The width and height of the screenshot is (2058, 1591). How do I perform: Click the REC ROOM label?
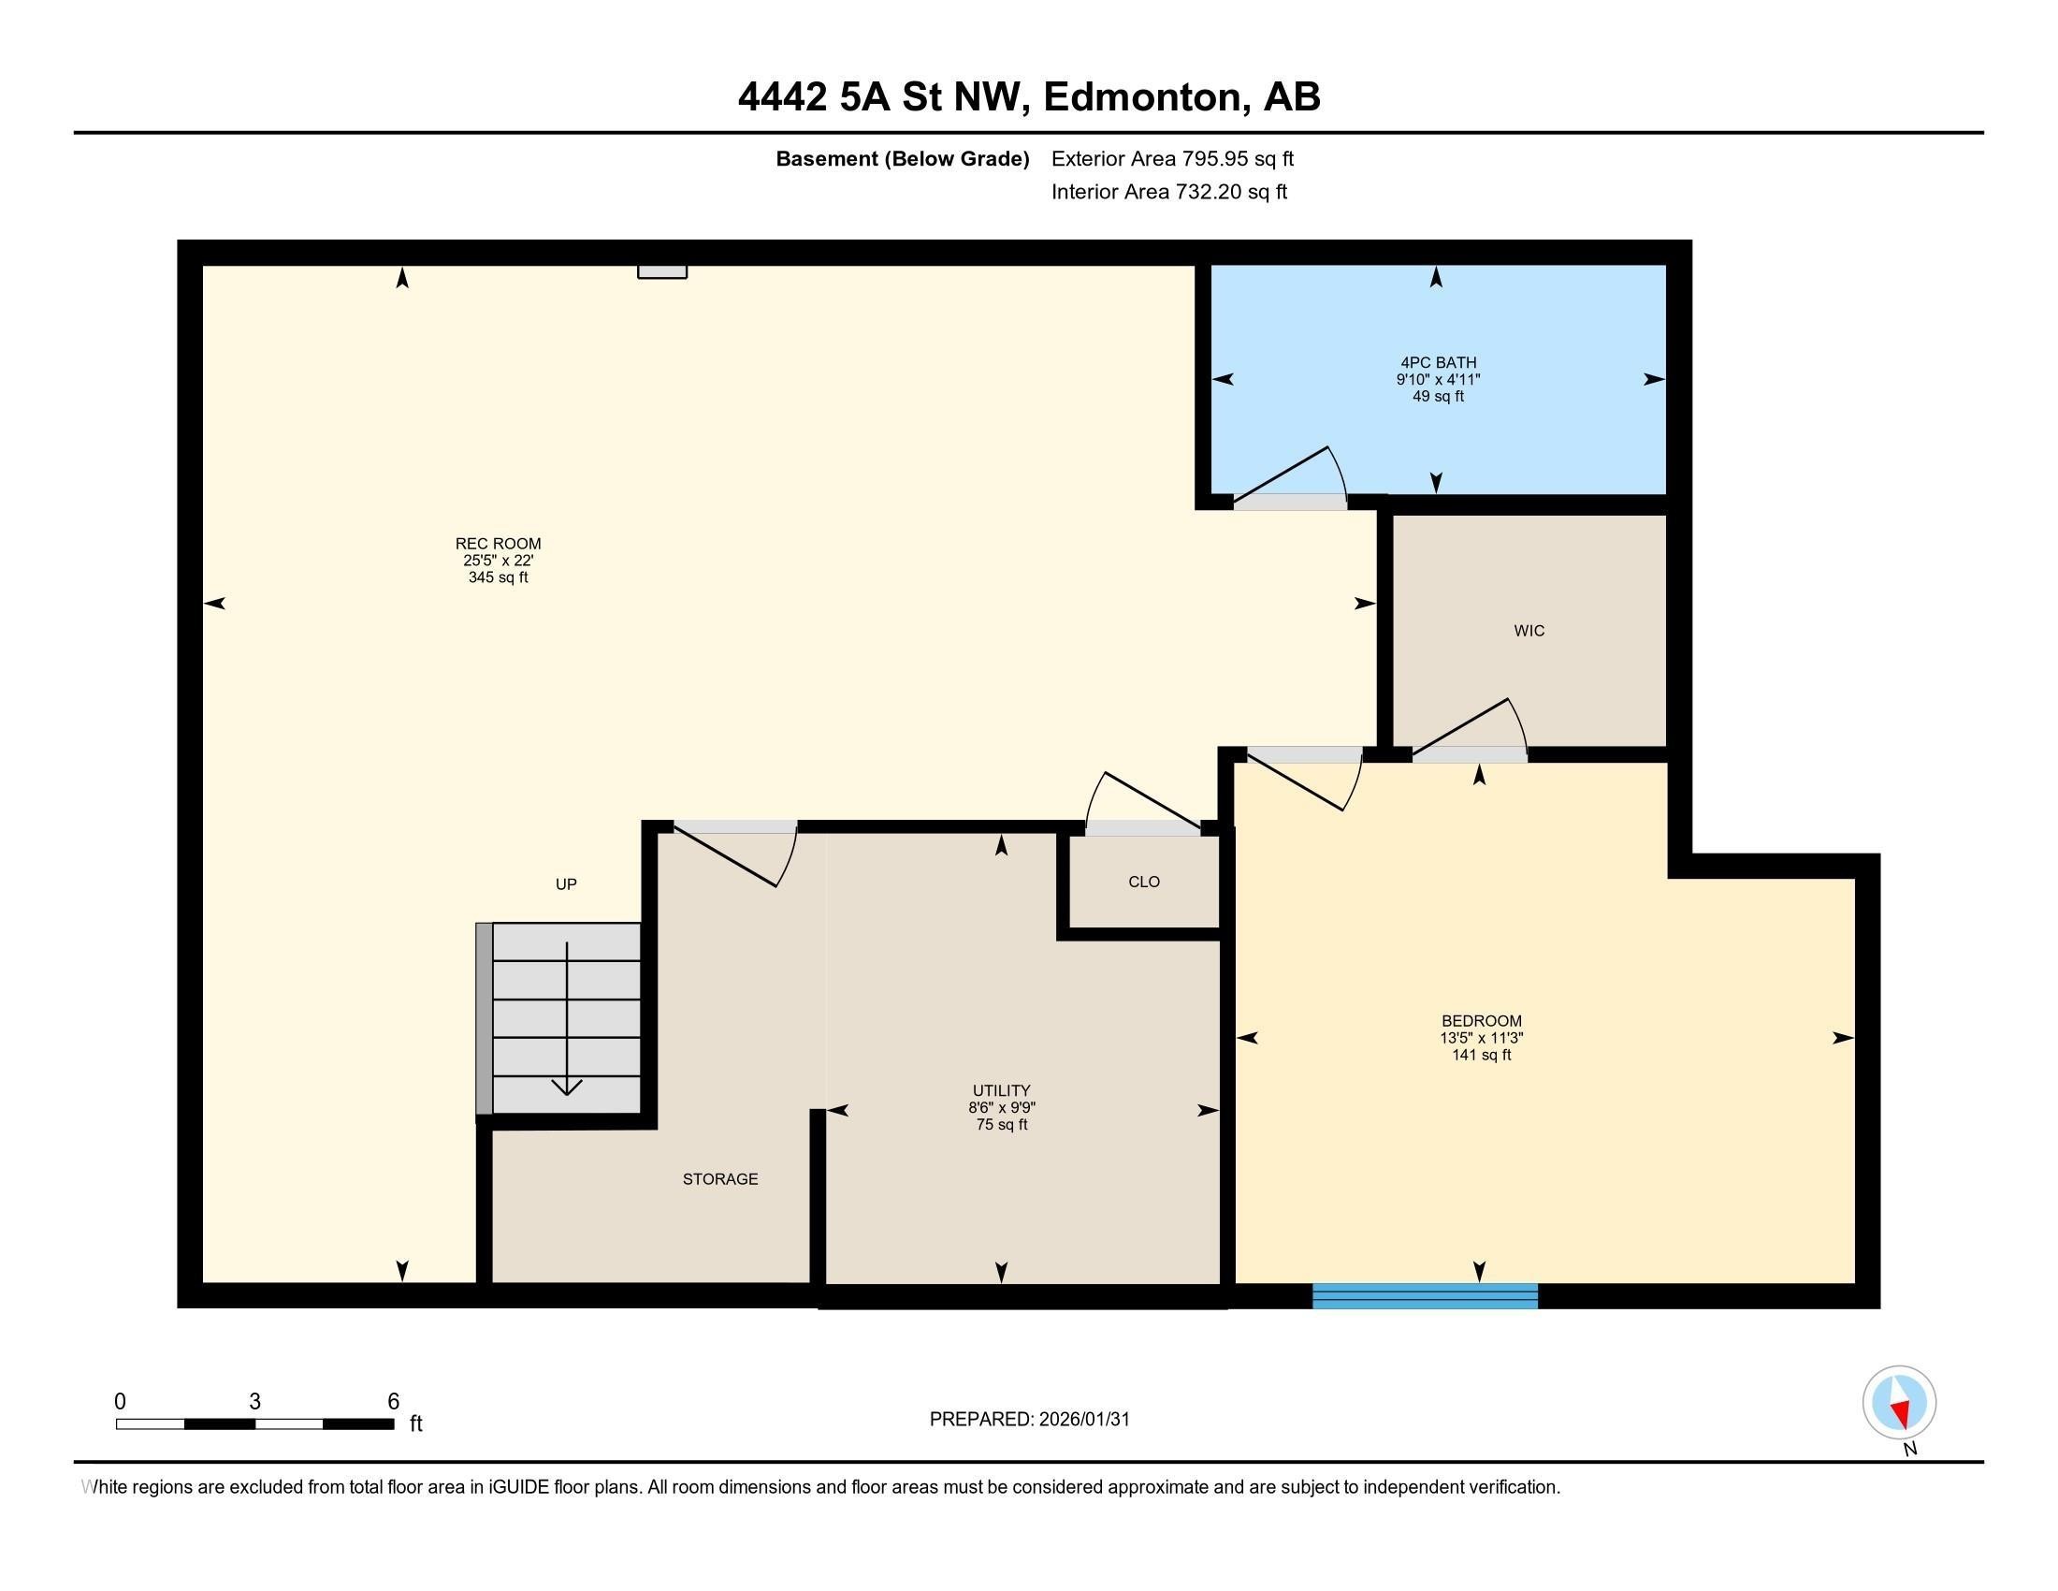[498, 544]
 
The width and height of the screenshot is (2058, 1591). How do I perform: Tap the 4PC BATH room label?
[1438, 363]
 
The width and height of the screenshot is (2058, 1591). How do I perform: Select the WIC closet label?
[1529, 631]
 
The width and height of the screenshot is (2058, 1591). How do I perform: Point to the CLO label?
[1143, 883]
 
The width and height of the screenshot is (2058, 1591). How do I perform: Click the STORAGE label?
[720, 1179]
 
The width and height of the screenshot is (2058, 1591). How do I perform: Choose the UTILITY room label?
[1001, 1089]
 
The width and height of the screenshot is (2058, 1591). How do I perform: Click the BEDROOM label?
[1481, 1021]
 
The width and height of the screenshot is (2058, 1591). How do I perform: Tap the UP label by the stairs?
[565, 884]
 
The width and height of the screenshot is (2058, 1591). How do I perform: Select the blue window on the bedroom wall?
[1424, 1296]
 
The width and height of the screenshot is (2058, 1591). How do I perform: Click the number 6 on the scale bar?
[393, 1402]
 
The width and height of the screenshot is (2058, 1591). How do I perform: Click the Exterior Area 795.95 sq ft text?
[1172, 159]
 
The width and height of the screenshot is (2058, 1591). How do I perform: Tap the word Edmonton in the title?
[1141, 97]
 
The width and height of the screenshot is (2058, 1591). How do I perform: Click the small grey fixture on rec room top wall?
[661, 271]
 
